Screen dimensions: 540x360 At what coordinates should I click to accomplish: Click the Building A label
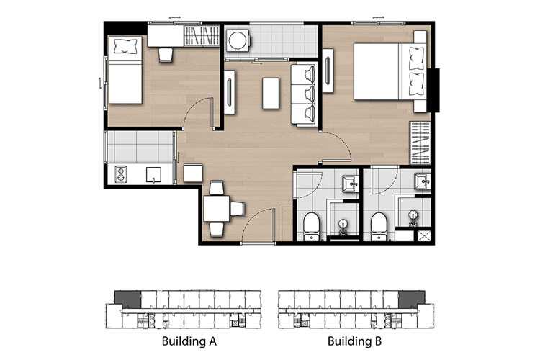pyautogui.click(x=189, y=341)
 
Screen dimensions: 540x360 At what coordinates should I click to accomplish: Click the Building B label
pyautogui.click(x=354, y=341)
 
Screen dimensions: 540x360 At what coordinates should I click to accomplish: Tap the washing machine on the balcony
pyautogui.click(x=238, y=40)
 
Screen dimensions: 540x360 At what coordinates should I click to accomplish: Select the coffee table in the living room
pyautogui.click(x=271, y=94)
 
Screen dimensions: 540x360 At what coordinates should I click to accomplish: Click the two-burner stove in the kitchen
pyautogui.click(x=120, y=174)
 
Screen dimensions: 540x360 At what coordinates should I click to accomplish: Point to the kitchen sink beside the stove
pyautogui.click(x=153, y=174)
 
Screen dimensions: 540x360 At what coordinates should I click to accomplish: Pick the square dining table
pyautogui.click(x=217, y=208)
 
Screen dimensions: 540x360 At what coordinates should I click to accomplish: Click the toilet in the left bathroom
pyautogui.click(x=312, y=226)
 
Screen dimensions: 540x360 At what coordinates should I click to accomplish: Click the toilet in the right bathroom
pyautogui.click(x=379, y=226)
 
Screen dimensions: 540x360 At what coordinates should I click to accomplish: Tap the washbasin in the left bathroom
pyautogui.click(x=351, y=184)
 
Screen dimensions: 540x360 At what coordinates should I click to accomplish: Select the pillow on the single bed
pyautogui.click(x=126, y=46)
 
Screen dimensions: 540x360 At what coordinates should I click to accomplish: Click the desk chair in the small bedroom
pyautogui.click(x=166, y=55)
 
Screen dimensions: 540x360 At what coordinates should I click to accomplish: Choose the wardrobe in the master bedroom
pyautogui.click(x=420, y=143)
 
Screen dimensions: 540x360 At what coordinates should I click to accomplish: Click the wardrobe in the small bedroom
pyautogui.click(x=202, y=36)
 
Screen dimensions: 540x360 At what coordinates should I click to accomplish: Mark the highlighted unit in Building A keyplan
pyautogui.click(x=127, y=300)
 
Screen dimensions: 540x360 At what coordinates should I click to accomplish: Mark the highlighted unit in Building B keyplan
pyautogui.click(x=412, y=300)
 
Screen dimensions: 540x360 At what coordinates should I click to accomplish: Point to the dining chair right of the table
pyautogui.click(x=238, y=209)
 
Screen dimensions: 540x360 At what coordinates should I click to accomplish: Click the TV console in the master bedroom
pyautogui.click(x=328, y=71)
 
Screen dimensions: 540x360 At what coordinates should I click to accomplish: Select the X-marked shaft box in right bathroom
pyautogui.click(x=424, y=236)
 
